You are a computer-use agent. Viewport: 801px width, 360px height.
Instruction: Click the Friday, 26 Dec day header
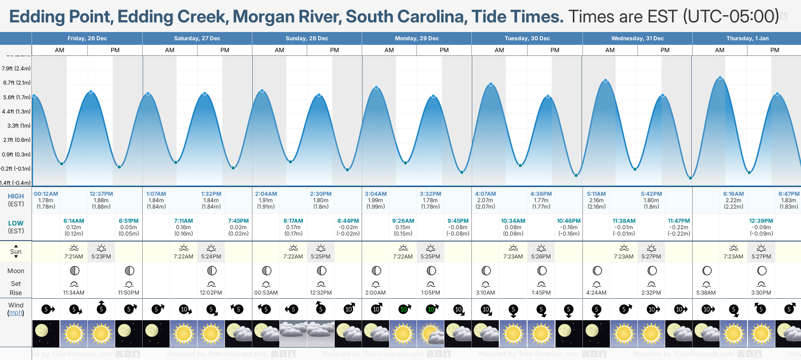point(87,38)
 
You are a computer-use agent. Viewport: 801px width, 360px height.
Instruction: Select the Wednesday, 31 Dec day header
point(637,38)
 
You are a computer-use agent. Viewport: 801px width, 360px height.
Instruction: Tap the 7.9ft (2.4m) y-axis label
point(16,69)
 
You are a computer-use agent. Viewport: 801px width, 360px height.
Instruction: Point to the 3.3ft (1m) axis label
point(19,125)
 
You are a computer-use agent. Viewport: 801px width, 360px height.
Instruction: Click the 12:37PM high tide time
point(101,194)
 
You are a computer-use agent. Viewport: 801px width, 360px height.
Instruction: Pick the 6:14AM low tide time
point(74,221)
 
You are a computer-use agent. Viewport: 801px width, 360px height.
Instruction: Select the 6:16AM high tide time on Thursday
point(733,194)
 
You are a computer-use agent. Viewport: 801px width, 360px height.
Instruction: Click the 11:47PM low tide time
point(679,221)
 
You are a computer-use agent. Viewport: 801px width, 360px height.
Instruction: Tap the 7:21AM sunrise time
point(74,257)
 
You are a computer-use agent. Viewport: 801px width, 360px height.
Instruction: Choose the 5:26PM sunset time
point(541,257)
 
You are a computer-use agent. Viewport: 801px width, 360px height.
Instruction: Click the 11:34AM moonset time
point(74,293)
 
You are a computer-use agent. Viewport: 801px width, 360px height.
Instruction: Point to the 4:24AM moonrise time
point(596,293)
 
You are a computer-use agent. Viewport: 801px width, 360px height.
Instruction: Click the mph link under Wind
point(16,313)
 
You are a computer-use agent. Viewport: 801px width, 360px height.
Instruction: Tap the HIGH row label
point(16,196)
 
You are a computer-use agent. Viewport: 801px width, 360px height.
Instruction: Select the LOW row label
point(16,223)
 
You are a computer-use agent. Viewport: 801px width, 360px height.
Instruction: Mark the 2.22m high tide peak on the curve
point(720,78)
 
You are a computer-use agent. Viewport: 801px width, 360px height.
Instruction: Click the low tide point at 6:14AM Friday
point(62,163)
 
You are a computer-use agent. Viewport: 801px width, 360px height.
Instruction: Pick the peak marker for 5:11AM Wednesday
point(606,81)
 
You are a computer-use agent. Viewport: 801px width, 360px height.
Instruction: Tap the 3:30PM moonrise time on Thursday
point(761,293)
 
